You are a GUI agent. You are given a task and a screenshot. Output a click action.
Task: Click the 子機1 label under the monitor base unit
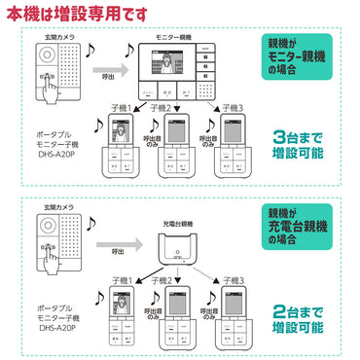(x=123, y=106)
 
